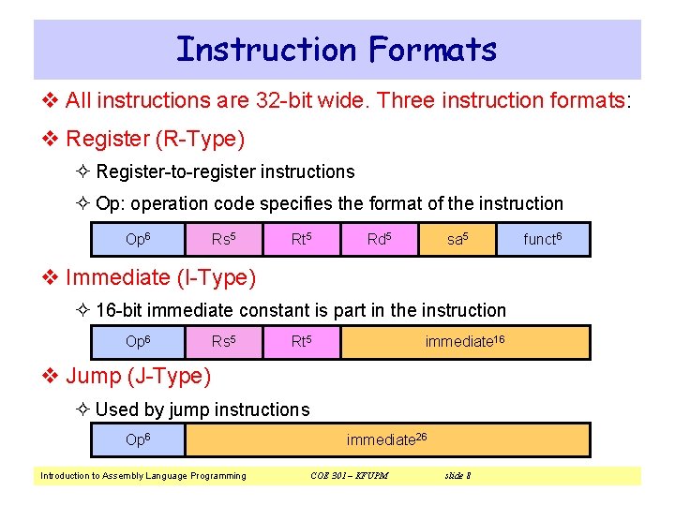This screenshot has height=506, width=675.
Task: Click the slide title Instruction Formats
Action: [337, 49]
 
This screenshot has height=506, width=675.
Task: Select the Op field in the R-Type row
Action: [139, 240]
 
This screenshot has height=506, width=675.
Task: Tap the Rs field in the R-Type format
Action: [223, 240]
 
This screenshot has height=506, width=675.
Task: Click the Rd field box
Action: [379, 240]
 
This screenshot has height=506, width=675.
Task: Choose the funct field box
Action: [543, 240]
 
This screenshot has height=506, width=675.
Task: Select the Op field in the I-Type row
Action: [139, 342]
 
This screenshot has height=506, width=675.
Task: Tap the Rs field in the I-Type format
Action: [223, 342]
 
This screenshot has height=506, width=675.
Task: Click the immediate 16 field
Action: [465, 342]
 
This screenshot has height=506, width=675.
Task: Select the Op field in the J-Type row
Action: [139, 439]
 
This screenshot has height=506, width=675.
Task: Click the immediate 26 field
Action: [387, 439]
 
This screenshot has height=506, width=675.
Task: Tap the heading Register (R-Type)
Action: [156, 140]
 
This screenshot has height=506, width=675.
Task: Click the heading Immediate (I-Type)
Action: [160, 277]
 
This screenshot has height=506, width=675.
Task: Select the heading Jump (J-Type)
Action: [139, 377]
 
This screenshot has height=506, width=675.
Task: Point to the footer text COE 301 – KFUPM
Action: [349, 476]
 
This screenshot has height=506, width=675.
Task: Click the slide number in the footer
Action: [457, 476]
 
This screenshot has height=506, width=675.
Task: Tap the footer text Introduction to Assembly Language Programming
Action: [143, 476]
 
